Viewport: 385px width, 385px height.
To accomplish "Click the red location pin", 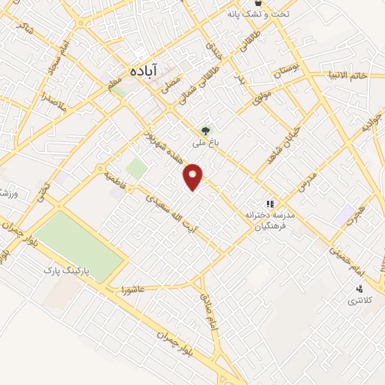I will pyautogui.click(x=194, y=177).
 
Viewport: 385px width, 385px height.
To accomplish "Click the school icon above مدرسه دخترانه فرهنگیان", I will pyautogui.click(x=269, y=204).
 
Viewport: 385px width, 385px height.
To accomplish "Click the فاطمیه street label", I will pyautogui.click(x=123, y=180).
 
